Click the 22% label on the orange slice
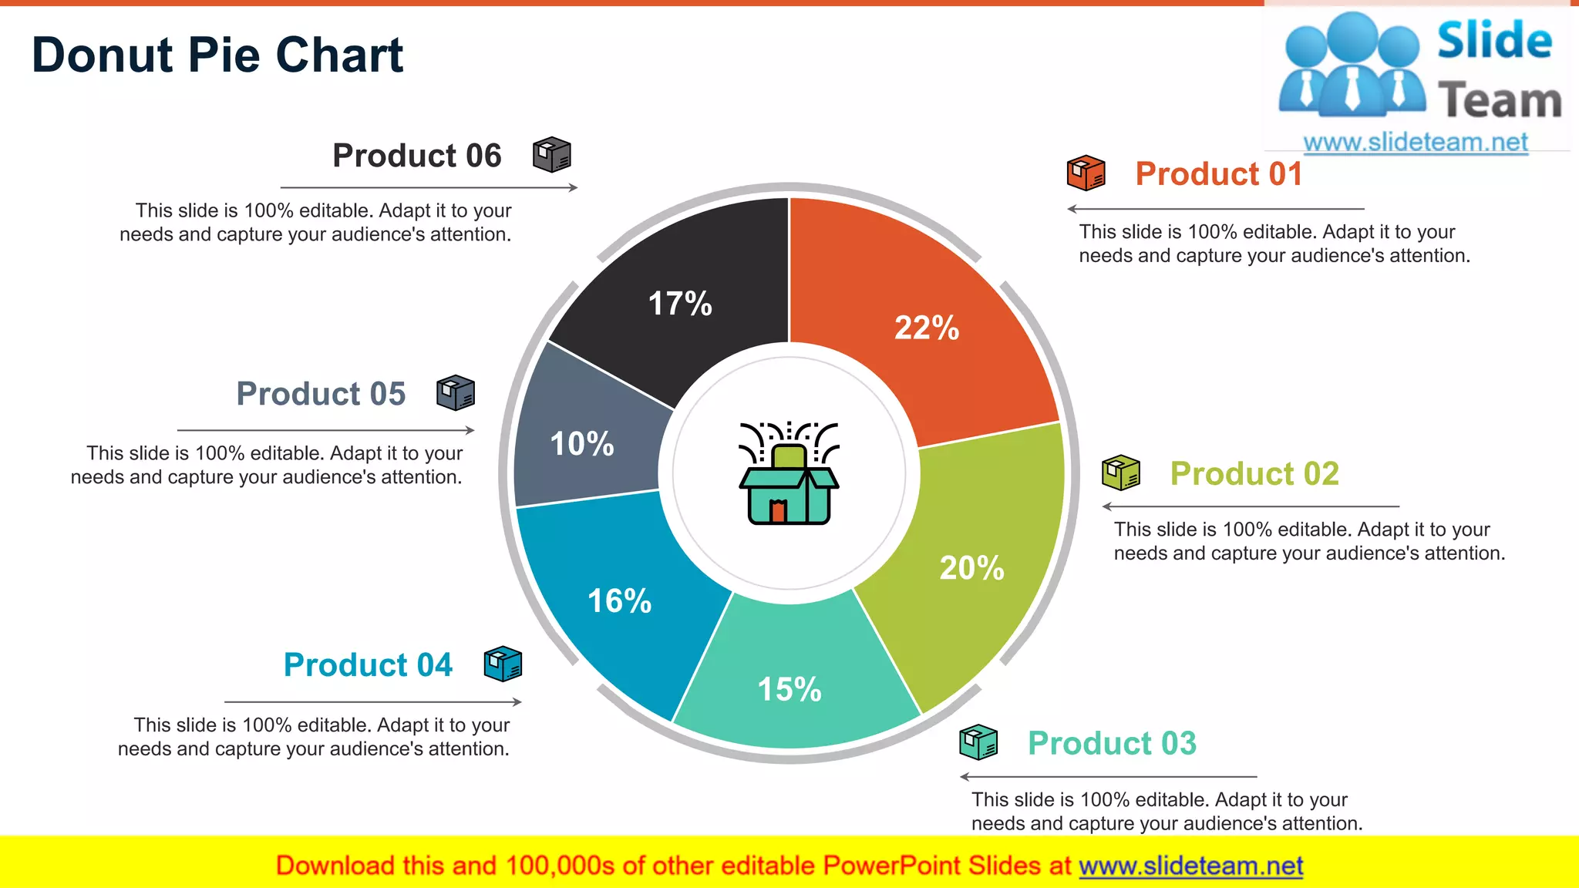(x=927, y=328)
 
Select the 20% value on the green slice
(x=971, y=568)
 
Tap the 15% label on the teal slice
(x=789, y=689)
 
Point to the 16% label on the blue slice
(x=619, y=601)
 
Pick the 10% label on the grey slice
(x=582, y=444)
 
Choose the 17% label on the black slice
(x=680, y=304)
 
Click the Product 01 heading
(x=1218, y=173)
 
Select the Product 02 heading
(x=1254, y=473)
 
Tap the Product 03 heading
(x=1112, y=743)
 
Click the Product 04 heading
(x=368, y=664)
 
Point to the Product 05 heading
(x=321, y=394)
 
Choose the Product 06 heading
(x=417, y=156)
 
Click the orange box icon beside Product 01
(x=1086, y=173)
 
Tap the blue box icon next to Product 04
(x=503, y=664)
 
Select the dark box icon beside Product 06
(x=552, y=155)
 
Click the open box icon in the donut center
(x=789, y=473)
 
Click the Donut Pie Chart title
(x=217, y=55)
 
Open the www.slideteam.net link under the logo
(x=1415, y=143)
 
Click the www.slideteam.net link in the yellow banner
(x=1190, y=866)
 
